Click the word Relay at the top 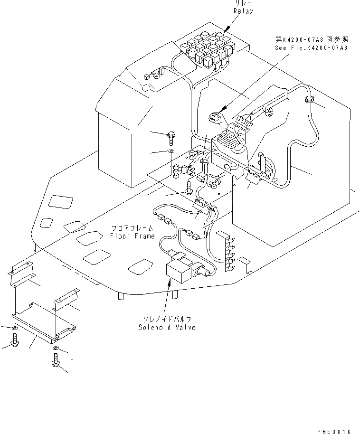coord(243,10)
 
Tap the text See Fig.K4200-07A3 coord(311,48)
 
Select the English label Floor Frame coord(132,236)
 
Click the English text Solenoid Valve coord(167,328)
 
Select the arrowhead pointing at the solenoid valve coord(168,281)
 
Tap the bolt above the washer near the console coord(171,137)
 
